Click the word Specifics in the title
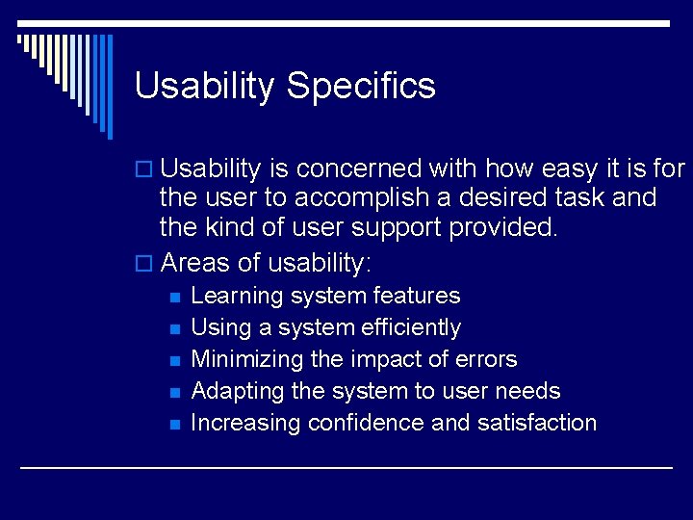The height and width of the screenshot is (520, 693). (361, 87)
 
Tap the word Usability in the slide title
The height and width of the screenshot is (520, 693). (204, 87)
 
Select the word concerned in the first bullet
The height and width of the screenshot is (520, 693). (359, 169)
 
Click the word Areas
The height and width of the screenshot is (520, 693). (196, 262)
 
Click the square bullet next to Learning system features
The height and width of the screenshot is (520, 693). (174, 298)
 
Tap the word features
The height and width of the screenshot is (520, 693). (416, 296)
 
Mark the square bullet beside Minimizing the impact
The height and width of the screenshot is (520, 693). (174, 361)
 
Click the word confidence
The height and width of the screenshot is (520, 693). (366, 423)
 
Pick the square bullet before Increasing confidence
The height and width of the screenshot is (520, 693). (174, 425)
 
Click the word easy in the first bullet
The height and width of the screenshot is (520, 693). (575, 169)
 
